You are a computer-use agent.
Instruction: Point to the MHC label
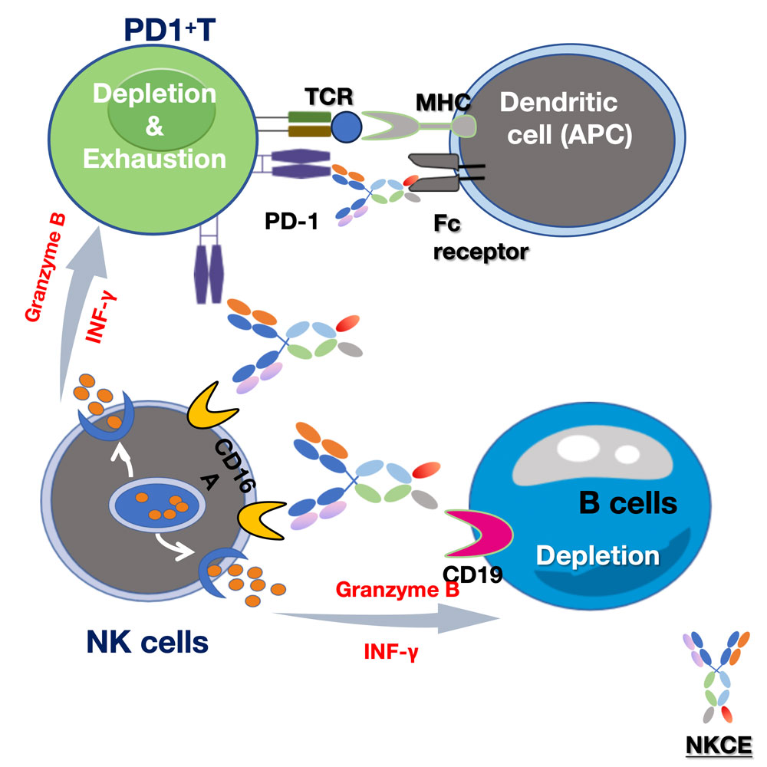coord(442,101)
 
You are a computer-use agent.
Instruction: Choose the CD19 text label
coord(472,573)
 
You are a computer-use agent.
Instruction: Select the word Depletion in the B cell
coord(597,554)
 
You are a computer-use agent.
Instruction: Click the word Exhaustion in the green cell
coord(155,159)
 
